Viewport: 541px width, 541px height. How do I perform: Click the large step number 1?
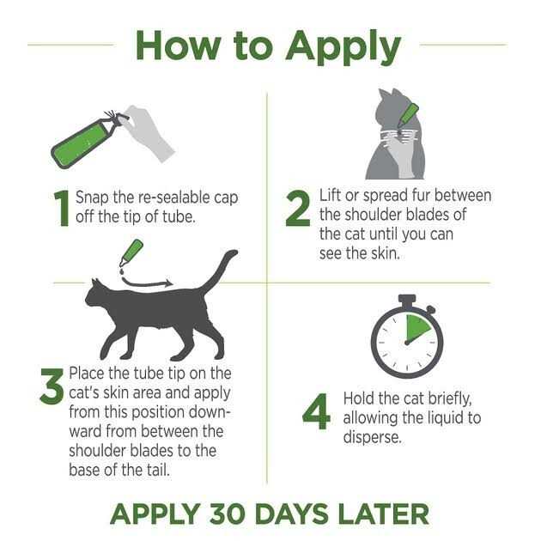[x=62, y=209]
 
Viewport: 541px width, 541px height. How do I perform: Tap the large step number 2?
[x=298, y=209]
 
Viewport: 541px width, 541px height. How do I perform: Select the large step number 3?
[x=52, y=386]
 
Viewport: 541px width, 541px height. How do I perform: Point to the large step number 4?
[x=316, y=411]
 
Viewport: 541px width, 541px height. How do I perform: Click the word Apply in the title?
[x=343, y=46]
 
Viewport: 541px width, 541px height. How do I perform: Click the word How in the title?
[x=179, y=46]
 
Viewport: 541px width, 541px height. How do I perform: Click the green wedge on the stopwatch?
[x=416, y=328]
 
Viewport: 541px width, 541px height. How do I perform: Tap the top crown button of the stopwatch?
[x=407, y=301]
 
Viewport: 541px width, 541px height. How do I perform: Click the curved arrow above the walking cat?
[x=147, y=283]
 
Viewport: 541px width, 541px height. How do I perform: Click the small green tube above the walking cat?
[x=131, y=252]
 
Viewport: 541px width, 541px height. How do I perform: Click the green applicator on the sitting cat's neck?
[x=408, y=115]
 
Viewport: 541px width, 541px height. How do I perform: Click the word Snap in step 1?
[x=92, y=198]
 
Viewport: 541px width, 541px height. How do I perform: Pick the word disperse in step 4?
[x=373, y=437]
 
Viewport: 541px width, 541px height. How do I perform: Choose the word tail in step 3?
[x=158, y=470]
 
